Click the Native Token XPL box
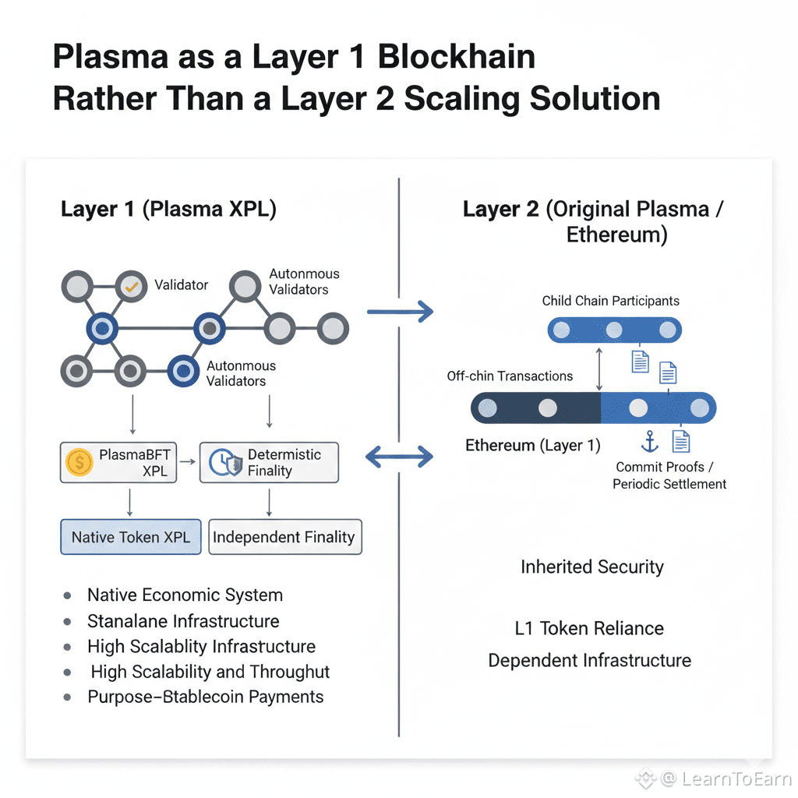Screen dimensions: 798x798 (131, 537)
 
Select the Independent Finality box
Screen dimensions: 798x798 (284, 537)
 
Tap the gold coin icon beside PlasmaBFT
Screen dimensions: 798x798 (79, 463)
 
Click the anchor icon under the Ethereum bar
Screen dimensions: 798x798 (649, 442)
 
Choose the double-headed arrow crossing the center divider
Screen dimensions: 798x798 (399, 457)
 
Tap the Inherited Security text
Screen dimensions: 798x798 (592, 567)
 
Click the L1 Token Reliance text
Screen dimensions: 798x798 (589, 628)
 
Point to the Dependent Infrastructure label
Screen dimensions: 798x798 (589, 660)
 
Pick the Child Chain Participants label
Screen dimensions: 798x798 (611, 301)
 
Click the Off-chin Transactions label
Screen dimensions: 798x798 (510, 376)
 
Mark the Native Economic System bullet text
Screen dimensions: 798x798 (185, 595)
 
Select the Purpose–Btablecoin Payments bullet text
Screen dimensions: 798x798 (205, 697)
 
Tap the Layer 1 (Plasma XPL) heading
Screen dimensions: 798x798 (168, 210)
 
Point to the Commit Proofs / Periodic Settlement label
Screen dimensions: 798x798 (669, 475)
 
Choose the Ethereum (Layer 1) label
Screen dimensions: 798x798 (533, 446)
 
